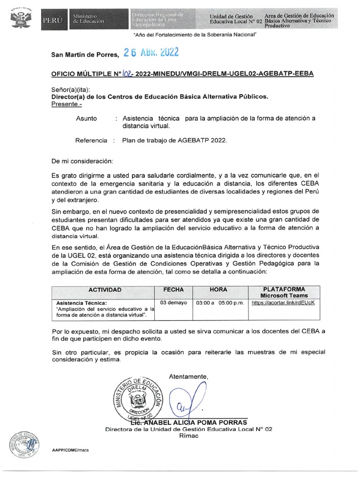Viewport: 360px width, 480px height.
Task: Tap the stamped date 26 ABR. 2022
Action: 150,53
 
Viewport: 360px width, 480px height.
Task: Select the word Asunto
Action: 86,119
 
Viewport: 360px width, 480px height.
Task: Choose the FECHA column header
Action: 173,290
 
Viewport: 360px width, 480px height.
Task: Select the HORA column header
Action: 218,290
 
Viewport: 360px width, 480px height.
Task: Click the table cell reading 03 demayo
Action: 173,303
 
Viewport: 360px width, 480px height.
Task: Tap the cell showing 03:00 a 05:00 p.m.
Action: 220,303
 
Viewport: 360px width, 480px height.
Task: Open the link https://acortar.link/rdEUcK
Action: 283,303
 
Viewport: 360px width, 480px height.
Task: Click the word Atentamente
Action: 187,377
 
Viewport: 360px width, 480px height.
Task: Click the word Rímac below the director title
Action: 188,435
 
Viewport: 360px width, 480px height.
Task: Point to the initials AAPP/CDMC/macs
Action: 71,450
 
